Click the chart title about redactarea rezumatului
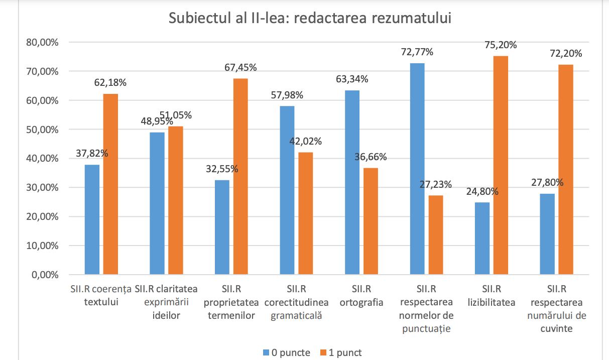tap(310, 18)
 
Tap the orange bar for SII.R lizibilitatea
tap(501, 166)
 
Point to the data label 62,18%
tap(110, 82)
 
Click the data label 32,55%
tap(222, 169)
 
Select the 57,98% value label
tap(287, 95)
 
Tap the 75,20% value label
tap(501, 45)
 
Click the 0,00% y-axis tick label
tap(44, 275)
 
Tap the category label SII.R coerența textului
tap(101, 295)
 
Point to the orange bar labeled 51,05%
tap(175, 201)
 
